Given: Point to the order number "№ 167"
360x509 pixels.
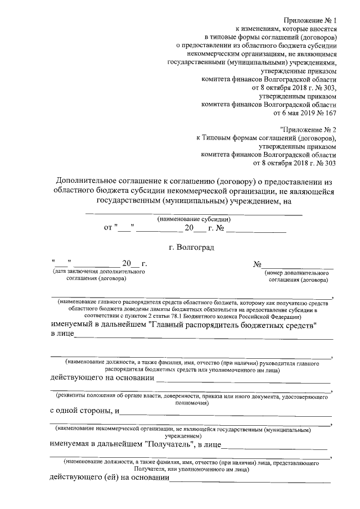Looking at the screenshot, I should coord(326,114).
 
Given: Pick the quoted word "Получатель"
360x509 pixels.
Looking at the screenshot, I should coord(170,445).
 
